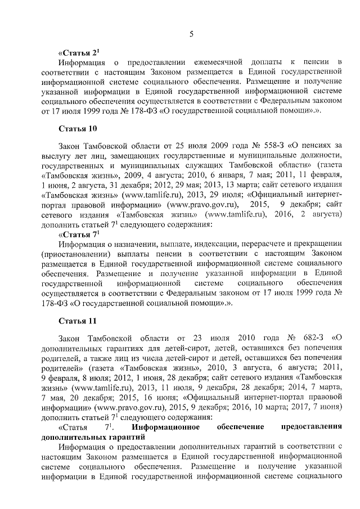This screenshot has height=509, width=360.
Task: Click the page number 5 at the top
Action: coord(191,34)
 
